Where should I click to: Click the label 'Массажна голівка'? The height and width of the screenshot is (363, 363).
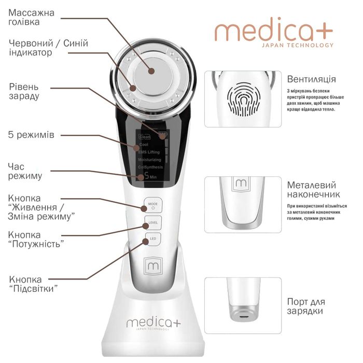tap(31, 18)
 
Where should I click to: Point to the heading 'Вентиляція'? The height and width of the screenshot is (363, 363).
tap(311, 79)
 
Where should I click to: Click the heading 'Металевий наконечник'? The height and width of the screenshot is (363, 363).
tap(311, 190)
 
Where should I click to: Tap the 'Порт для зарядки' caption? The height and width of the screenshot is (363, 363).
tap(305, 306)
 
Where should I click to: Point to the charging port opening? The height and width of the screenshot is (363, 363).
tap(242, 314)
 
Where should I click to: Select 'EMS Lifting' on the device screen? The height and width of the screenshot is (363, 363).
tap(150, 152)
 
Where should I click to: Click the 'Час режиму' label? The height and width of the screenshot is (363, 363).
tap(25, 171)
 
